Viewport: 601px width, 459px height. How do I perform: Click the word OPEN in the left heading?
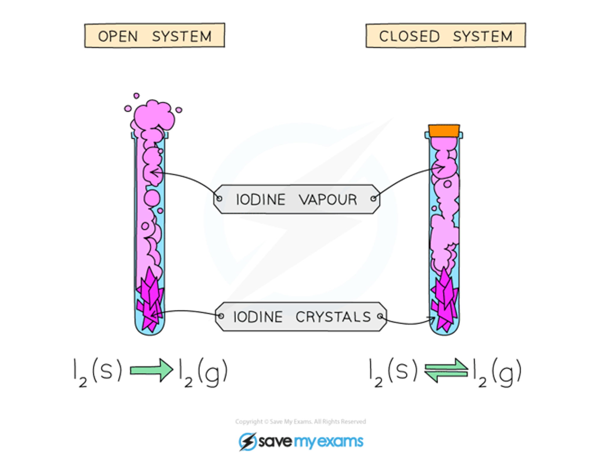point(118,36)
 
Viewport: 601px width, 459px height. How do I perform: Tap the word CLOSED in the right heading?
point(409,36)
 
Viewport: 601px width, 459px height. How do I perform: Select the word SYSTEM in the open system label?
point(182,36)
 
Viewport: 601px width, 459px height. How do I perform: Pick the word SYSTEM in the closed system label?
point(483,36)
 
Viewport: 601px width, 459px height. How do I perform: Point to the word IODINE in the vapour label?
point(261,200)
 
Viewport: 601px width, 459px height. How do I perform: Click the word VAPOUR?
point(328,200)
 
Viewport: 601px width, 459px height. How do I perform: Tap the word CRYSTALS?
point(333,317)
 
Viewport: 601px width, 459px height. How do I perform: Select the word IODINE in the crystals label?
point(258,317)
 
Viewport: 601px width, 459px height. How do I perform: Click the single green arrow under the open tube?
point(151,370)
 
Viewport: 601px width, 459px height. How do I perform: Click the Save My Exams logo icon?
point(247,442)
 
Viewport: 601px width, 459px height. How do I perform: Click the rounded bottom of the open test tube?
point(150,330)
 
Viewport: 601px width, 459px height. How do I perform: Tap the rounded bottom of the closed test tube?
point(444,330)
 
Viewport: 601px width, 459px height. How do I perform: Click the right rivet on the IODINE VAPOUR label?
point(373,198)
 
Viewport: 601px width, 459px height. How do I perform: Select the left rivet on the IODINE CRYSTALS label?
point(221,316)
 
